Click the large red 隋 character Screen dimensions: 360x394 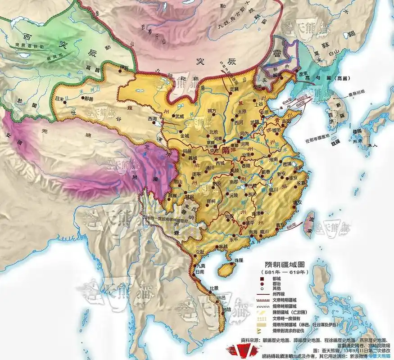tap(225, 151)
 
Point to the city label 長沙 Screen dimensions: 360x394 tap(247, 194)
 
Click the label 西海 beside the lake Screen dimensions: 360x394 tap(153, 119)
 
